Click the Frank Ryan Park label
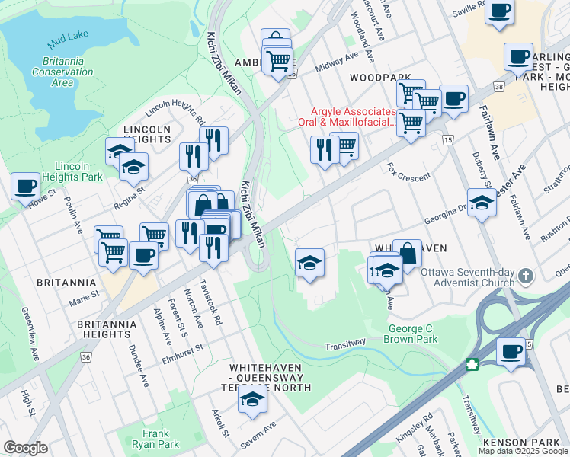click(x=155, y=439)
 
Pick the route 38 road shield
click(x=498, y=88)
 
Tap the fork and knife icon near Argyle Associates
click(x=325, y=149)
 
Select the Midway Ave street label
click(x=337, y=60)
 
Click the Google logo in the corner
click(x=26, y=448)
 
